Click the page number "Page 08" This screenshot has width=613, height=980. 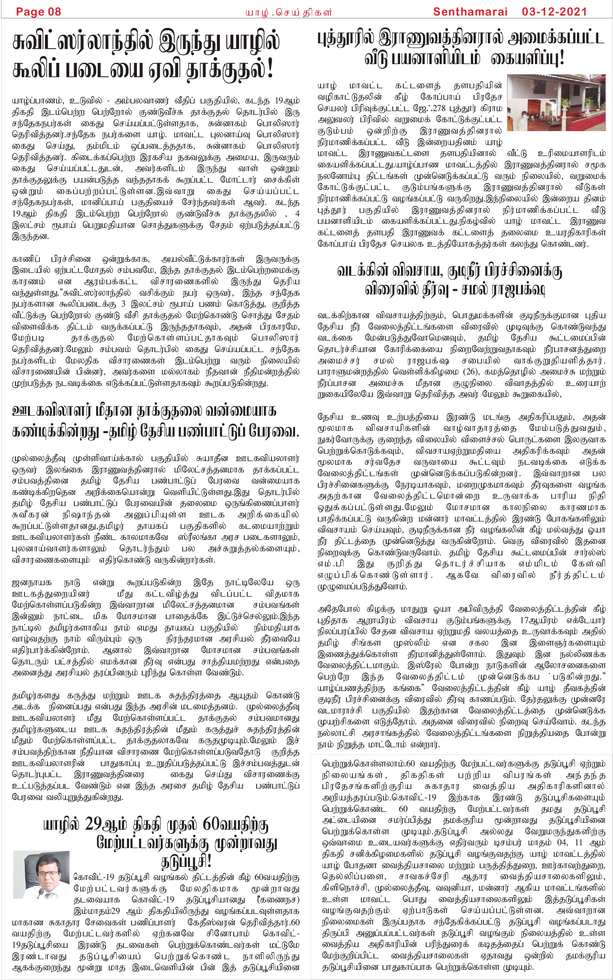click(x=38, y=11)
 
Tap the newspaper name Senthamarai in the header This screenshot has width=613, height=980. click(x=470, y=11)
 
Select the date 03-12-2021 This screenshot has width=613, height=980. click(x=554, y=11)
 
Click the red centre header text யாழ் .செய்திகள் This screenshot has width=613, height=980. click(x=289, y=12)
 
